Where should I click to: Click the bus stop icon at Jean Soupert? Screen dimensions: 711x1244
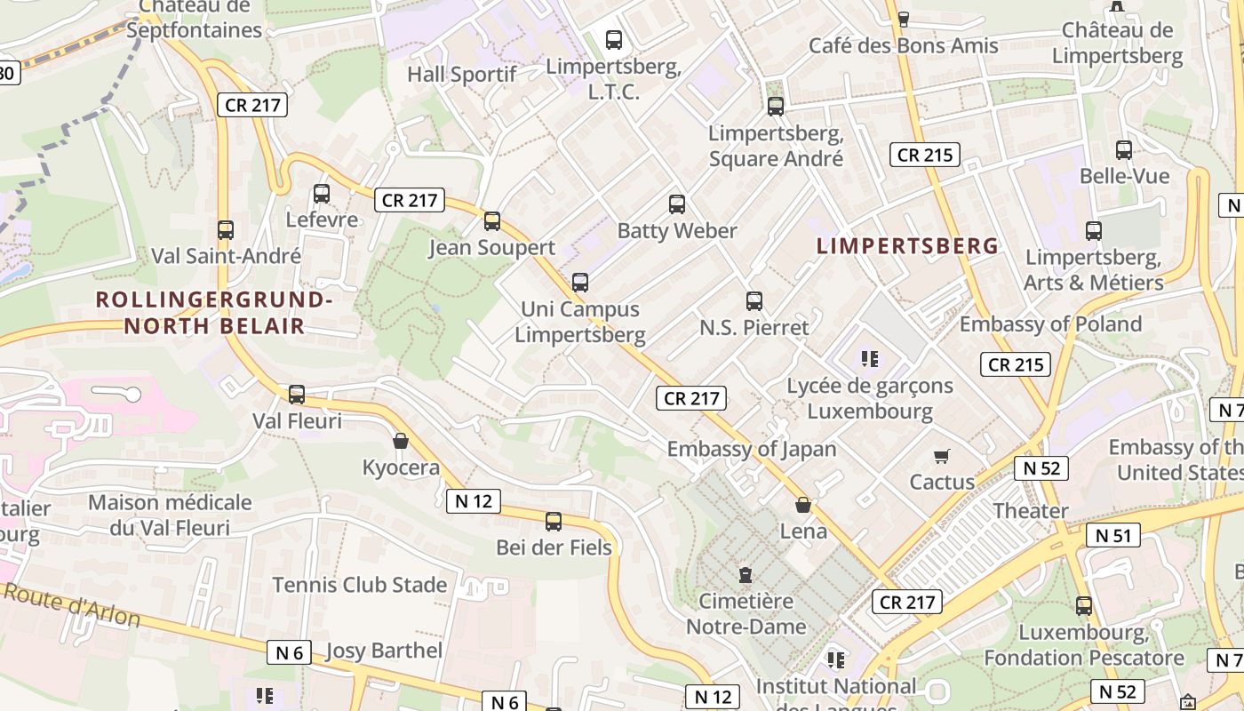491,221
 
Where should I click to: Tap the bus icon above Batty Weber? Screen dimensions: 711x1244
677,204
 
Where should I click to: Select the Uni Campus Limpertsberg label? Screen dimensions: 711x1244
580,322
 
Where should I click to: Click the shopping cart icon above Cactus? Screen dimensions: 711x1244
942,457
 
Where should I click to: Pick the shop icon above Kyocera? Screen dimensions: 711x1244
401,441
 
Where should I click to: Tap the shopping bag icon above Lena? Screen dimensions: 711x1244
803,506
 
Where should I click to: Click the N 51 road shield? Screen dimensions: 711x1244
1113,535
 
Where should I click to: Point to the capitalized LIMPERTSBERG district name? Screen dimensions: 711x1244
907,246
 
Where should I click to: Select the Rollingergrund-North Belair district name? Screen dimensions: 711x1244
214,313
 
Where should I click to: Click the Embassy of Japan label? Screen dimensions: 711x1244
752,449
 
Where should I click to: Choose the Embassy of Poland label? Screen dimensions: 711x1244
1050,324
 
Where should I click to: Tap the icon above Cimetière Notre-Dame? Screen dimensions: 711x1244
746,575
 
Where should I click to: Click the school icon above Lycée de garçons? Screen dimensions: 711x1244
870,359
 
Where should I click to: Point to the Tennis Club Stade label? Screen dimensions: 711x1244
359,585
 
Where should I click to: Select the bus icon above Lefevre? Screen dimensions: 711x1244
322,194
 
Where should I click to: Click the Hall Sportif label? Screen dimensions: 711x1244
461,75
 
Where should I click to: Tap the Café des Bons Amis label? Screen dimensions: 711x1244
903,45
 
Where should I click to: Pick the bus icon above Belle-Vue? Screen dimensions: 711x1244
1124,150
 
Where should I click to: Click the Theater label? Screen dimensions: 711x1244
1030,511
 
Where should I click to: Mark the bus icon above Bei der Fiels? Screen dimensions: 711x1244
554,522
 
